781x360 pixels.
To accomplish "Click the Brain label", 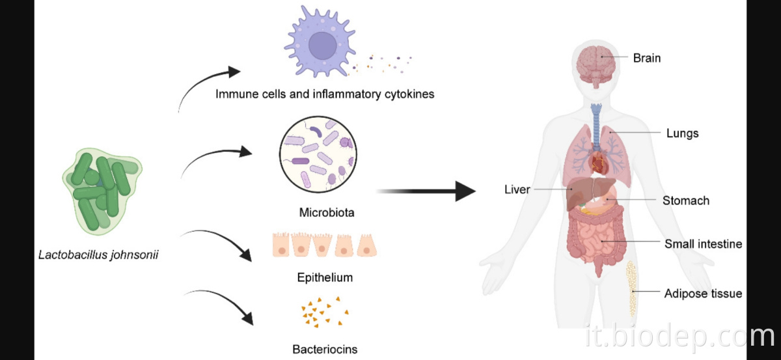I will pyautogui.click(x=646, y=58).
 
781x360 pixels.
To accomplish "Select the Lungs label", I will pyautogui.click(x=682, y=133).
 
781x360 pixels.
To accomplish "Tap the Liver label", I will pyautogui.click(x=517, y=189).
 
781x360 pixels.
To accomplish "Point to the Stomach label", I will pyautogui.click(x=685, y=201).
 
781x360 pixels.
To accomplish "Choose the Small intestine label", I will pyautogui.click(x=703, y=244).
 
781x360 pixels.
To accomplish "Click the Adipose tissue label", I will pyautogui.click(x=703, y=294).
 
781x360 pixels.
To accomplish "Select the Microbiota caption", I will pyautogui.click(x=327, y=213).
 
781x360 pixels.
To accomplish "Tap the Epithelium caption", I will pyautogui.click(x=325, y=277).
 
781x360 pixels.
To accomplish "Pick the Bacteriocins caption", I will pyautogui.click(x=325, y=349).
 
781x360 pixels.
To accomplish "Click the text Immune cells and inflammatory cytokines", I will pyautogui.click(x=325, y=94).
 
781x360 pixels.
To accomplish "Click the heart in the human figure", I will pyautogui.click(x=599, y=158).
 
